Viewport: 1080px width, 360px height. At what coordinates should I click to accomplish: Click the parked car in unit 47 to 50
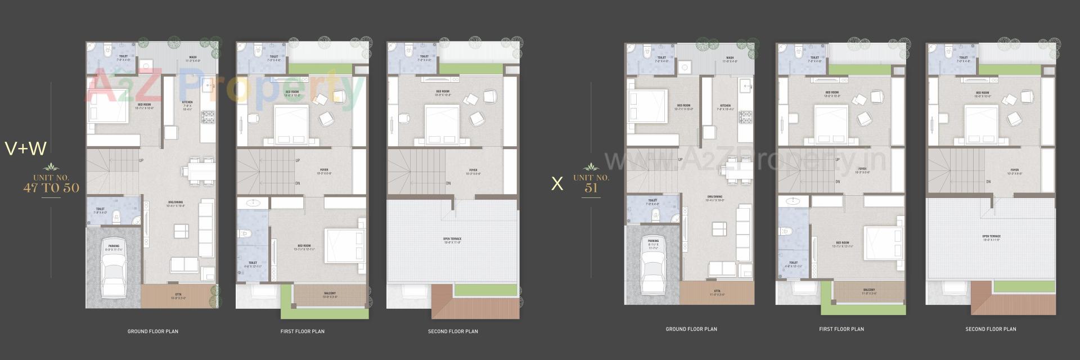pos(114,272)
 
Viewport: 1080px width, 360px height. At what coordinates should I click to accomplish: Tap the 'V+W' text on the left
pos(25,148)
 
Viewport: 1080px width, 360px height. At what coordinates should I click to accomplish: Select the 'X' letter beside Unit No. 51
pos(557,184)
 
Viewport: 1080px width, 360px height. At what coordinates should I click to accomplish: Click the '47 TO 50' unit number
pos(51,188)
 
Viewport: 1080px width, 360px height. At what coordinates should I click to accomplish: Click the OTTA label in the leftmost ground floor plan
pos(178,296)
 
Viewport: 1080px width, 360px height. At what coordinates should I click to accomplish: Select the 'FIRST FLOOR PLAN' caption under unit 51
pos(841,329)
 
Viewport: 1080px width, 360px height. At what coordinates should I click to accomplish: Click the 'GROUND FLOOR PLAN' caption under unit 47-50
pos(152,331)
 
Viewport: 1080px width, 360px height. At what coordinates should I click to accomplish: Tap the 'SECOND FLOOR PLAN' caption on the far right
pos(991,329)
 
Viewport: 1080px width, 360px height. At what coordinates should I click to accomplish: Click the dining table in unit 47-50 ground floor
pos(201,170)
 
